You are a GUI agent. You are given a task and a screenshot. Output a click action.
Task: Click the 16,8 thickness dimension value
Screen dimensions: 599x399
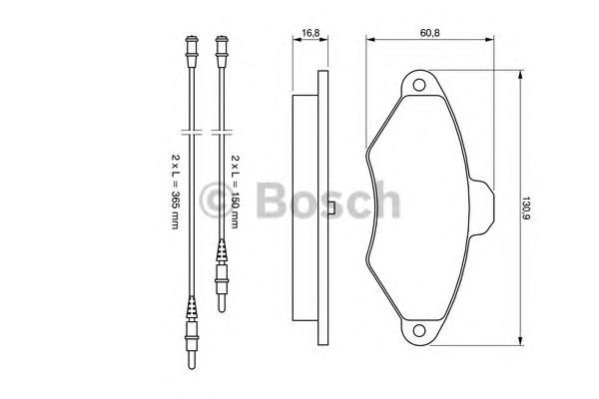[x=310, y=33]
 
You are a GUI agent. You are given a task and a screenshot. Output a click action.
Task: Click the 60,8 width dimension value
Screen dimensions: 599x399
[x=429, y=33]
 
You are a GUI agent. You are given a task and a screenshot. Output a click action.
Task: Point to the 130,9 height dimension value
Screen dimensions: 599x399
[x=526, y=208]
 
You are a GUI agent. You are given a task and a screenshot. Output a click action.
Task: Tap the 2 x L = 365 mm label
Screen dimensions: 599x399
[x=175, y=191]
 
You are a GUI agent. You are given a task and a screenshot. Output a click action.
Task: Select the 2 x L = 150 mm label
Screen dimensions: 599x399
[x=235, y=191]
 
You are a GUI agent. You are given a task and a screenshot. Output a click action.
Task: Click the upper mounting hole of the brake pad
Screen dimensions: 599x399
[x=419, y=85]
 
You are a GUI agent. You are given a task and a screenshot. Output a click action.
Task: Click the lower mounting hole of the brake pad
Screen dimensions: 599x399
[x=419, y=330]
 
